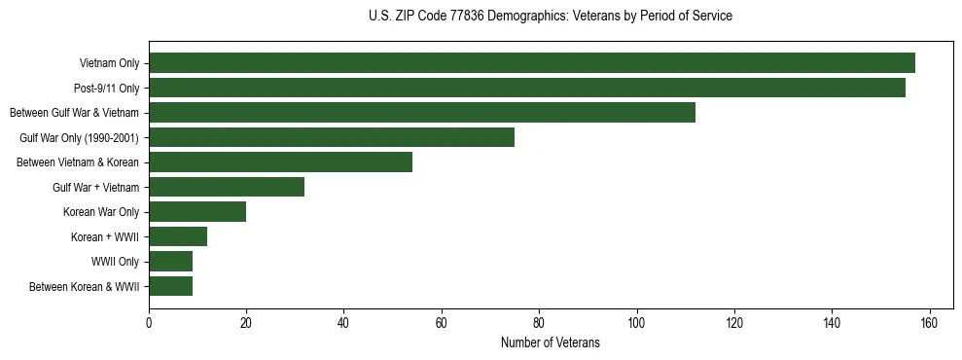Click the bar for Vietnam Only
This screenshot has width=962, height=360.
pos(532,63)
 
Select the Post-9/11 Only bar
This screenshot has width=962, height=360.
pos(527,88)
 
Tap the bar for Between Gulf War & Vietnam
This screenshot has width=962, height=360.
pos(422,113)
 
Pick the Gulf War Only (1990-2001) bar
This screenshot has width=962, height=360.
pos(332,137)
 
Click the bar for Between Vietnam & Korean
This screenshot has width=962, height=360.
pos(281,162)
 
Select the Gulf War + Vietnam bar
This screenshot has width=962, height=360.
pos(227,187)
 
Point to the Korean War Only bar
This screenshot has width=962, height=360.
pos(197,212)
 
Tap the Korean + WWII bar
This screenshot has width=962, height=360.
pos(178,236)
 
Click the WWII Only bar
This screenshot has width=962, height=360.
pos(171,262)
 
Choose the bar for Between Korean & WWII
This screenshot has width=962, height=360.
pos(171,286)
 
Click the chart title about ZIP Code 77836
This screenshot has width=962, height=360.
pos(551,17)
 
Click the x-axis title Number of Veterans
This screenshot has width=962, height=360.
pos(551,343)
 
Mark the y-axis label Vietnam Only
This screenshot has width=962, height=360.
pos(109,64)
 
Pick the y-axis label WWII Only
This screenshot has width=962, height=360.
pos(115,262)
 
